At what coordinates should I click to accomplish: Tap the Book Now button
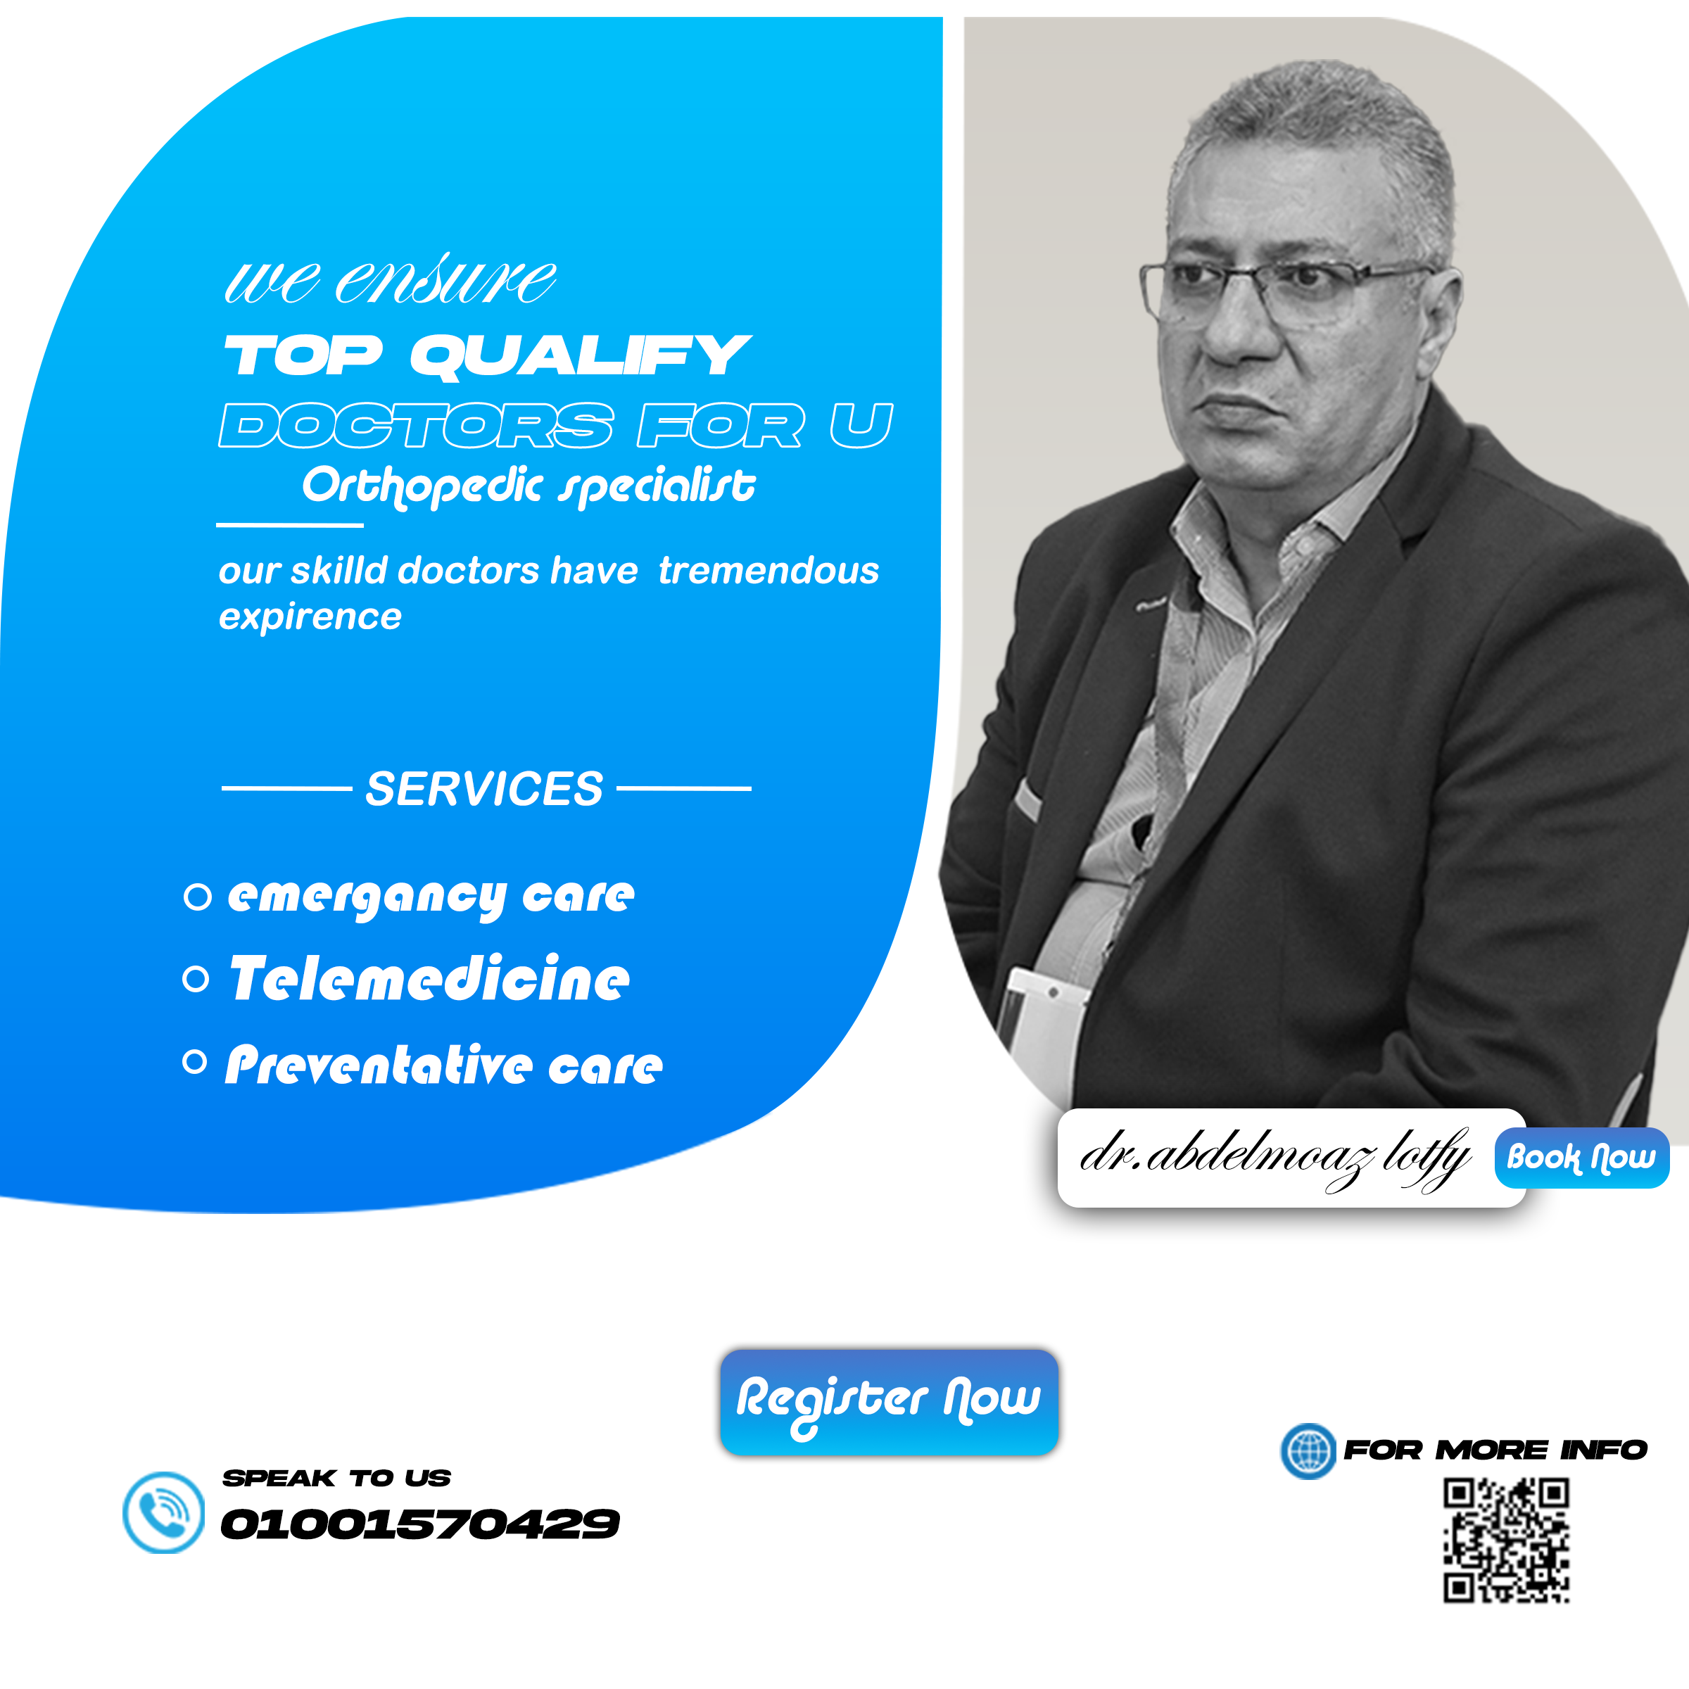pyautogui.click(x=1581, y=1158)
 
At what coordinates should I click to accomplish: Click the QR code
pyautogui.click(x=1506, y=1541)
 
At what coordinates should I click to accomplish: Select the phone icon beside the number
pyautogui.click(x=163, y=1512)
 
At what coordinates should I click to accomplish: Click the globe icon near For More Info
pyautogui.click(x=1308, y=1451)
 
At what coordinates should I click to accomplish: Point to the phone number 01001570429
pyautogui.click(x=419, y=1524)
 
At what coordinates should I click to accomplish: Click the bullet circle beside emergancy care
pyautogui.click(x=198, y=897)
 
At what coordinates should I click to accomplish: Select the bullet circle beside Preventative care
pyautogui.click(x=195, y=1062)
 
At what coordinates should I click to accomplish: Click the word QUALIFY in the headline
pyautogui.click(x=581, y=356)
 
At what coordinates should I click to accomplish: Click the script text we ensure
pyautogui.click(x=390, y=280)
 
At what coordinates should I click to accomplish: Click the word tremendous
pyautogui.click(x=768, y=570)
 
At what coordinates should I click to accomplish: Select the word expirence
pyautogui.click(x=310, y=617)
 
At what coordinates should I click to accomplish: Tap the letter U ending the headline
pyautogui.click(x=861, y=425)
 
